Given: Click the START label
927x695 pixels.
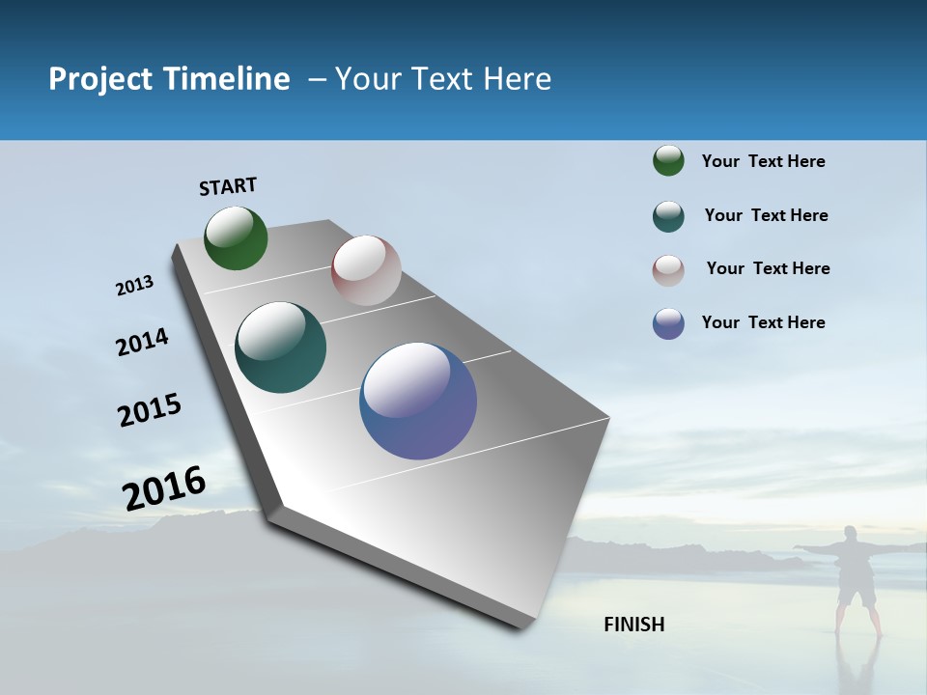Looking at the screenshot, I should point(228,186).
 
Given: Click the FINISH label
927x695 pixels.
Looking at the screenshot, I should point(634,625).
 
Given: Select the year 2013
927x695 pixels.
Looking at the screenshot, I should point(134,286).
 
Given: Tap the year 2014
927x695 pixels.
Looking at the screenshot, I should point(142,343).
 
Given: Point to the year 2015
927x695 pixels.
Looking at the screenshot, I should point(150,410).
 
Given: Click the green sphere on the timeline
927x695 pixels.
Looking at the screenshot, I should point(236,238).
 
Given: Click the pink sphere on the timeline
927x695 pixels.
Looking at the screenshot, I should point(366,270).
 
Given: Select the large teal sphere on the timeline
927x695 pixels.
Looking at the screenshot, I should point(280,347).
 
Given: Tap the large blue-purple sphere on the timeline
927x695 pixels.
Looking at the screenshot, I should point(418,401).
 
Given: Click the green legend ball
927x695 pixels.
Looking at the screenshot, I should point(668,161).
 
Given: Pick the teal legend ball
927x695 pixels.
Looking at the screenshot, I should point(668,216).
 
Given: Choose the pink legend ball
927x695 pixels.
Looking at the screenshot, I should point(668,270).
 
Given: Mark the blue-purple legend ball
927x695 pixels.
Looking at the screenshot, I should point(668,323).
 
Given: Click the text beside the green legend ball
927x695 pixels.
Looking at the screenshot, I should point(763,162).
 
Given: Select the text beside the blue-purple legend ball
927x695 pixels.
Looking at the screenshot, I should point(763,322).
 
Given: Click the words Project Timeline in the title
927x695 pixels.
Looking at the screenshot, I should point(169,79).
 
